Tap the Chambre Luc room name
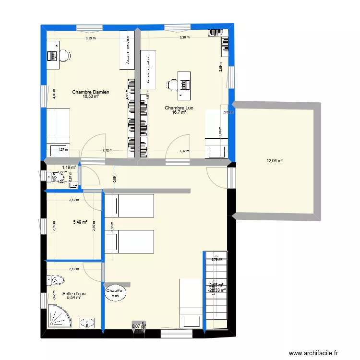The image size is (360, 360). [177, 108]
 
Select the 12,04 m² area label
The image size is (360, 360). [275, 160]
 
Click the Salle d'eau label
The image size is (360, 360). [74, 294]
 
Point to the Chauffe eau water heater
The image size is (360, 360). [115, 293]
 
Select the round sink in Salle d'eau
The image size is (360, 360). [87, 323]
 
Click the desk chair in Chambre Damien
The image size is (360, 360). [64, 55]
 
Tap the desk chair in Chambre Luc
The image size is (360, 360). [172, 85]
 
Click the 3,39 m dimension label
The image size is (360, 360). [90, 38]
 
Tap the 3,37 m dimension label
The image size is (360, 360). [184, 151]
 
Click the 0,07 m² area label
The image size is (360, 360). [138, 326]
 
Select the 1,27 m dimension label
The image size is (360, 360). [62, 149]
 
